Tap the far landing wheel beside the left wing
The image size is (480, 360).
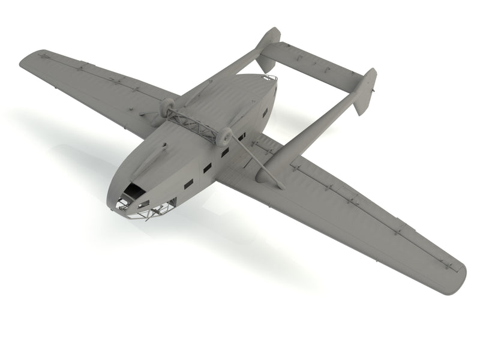pos(167,107)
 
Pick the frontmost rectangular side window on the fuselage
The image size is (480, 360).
pos(188,183)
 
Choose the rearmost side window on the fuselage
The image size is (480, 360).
pos(265,112)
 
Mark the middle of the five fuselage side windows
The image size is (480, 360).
pos(224,152)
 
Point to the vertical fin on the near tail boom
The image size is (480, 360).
pos(364,90)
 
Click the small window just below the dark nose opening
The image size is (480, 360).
pos(143,204)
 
